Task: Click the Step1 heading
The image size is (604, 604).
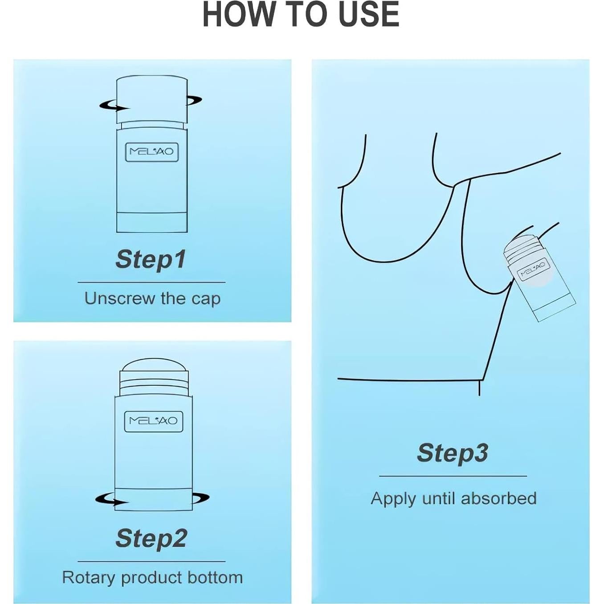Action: click(151, 260)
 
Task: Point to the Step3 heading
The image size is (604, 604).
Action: click(452, 453)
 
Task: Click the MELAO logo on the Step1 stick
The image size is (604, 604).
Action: click(152, 152)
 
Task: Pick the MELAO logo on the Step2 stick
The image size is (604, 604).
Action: click(154, 420)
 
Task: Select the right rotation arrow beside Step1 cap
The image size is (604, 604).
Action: click(194, 100)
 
